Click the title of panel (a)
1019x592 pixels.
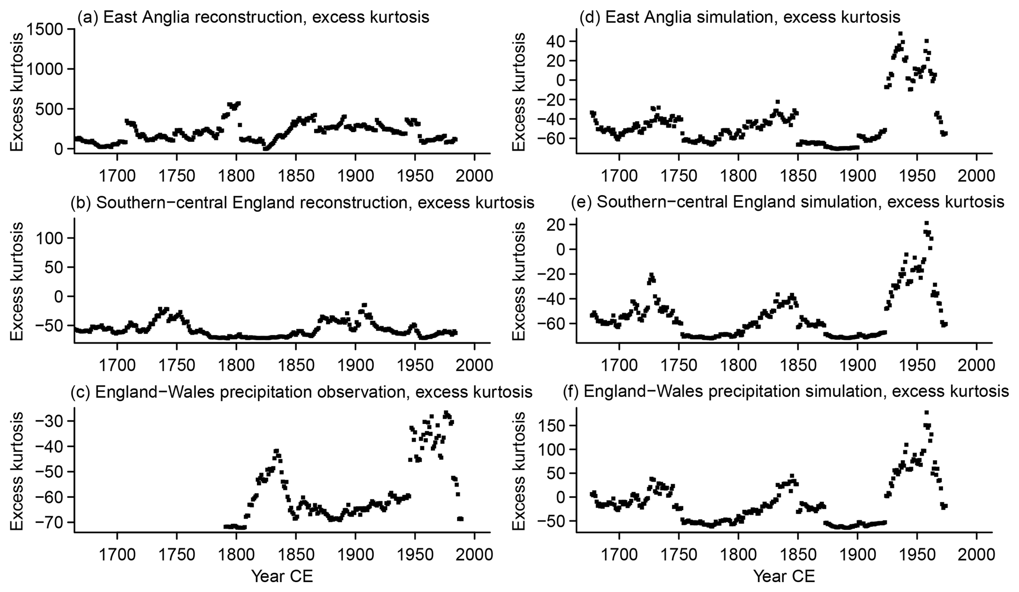[253, 17]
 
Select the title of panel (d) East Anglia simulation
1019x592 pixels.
[739, 17]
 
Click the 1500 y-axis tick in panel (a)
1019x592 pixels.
[47, 29]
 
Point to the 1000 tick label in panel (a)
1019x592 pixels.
[47, 69]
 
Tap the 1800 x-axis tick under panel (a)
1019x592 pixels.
[236, 176]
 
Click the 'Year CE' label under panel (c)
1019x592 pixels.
[282, 576]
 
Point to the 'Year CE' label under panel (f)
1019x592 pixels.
[784, 576]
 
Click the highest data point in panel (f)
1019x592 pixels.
[926, 413]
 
